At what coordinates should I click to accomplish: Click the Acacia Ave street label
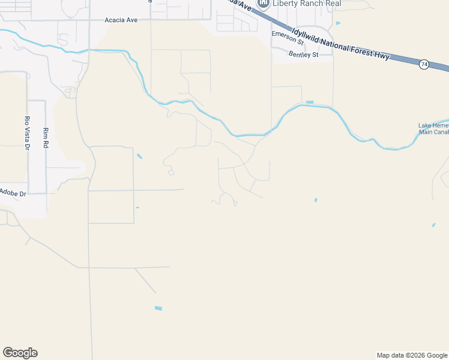pos(121,20)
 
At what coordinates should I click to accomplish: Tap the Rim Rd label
pos(45,138)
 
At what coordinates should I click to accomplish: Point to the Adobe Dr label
pos(13,193)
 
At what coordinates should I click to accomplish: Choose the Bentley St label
pos(303,55)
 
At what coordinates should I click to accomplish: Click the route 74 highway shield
pos(424,64)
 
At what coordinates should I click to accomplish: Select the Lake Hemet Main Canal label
pos(433,129)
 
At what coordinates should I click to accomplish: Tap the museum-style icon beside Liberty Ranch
pos(263,4)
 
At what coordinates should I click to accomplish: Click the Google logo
pos(20,353)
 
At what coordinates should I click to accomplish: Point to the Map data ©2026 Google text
pos(412,355)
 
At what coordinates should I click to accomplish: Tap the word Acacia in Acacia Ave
pos(115,20)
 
